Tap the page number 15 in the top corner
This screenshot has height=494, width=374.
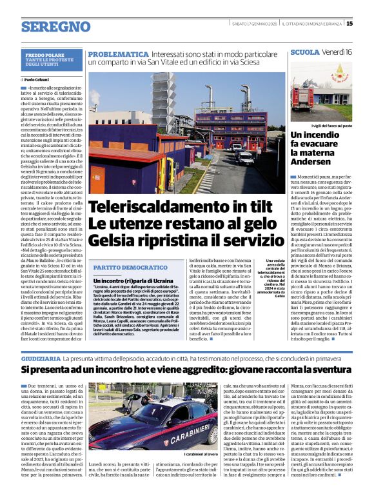click(x=367, y=24)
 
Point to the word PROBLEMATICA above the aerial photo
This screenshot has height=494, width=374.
click(x=113, y=55)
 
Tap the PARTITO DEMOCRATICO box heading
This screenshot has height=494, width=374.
click(x=123, y=267)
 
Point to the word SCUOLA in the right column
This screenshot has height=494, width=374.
click(x=305, y=51)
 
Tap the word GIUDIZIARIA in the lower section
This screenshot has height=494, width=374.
click(x=41, y=357)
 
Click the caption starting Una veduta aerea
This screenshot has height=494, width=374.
click(x=270, y=277)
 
